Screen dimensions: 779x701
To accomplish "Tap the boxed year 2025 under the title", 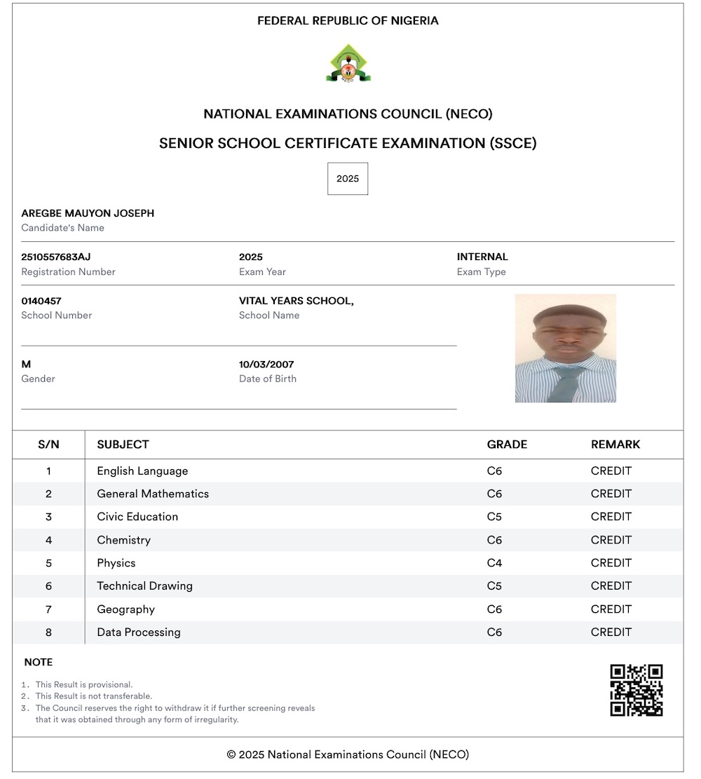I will [348, 179].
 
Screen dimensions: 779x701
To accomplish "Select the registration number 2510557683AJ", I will [56, 257].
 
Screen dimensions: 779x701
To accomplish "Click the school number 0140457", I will [41, 301].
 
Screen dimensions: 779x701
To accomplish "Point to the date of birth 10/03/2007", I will [266, 365].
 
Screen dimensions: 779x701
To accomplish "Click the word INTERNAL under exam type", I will [482, 257].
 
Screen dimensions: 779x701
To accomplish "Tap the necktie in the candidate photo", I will [566, 383].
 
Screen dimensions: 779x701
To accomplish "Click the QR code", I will [637, 691].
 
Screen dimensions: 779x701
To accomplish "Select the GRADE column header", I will [507, 445].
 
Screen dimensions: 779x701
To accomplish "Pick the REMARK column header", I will [615, 445].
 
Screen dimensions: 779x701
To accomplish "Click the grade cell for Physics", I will [495, 563].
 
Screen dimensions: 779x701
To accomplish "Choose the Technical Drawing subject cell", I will [144, 586].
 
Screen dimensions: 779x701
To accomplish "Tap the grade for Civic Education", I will [495, 517].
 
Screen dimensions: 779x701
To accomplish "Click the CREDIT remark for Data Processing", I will [611, 632].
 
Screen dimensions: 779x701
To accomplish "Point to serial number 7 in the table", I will [48, 609].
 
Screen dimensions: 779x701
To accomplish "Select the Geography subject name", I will [126, 609].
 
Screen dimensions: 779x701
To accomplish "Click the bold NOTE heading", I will [39, 663].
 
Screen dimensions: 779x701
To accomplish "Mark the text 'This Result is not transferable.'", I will [94, 696].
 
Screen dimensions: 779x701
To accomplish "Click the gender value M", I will [26, 365].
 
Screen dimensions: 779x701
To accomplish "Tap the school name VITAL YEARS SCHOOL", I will [296, 301].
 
